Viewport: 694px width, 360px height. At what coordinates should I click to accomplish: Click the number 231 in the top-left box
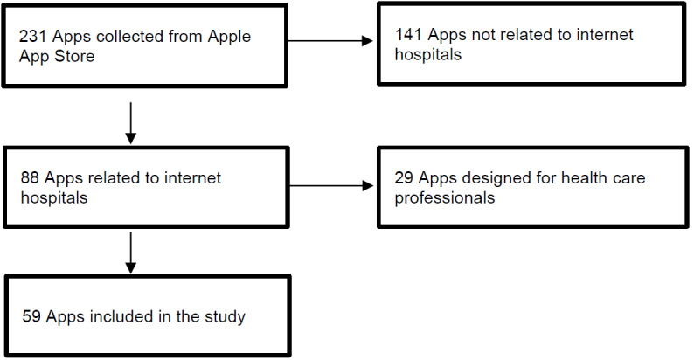pyautogui.click(x=32, y=37)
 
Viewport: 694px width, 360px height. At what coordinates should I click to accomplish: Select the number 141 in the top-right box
pyautogui.click(x=408, y=34)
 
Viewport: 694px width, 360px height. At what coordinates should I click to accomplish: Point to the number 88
pyautogui.click(x=30, y=177)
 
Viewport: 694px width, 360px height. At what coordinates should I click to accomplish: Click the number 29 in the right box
pyautogui.click(x=404, y=177)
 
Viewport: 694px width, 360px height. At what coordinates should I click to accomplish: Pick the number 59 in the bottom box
pyautogui.click(x=31, y=316)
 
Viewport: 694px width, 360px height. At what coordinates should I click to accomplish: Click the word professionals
pyautogui.click(x=444, y=198)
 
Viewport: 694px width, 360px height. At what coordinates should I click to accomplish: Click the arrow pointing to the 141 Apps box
pyautogui.click(x=330, y=41)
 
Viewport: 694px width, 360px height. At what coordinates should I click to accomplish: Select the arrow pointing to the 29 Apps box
pyautogui.click(x=331, y=186)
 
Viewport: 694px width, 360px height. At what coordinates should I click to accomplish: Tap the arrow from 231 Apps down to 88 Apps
pyautogui.click(x=130, y=123)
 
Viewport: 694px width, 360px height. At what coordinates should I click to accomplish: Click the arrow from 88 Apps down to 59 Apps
pyautogui.click(x=130, y=253)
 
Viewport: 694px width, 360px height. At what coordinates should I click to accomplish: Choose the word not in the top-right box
pyautogui.click(x=482, y=34)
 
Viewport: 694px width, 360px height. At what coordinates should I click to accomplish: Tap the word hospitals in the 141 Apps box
pyautogui.click(x=428, y=55)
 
